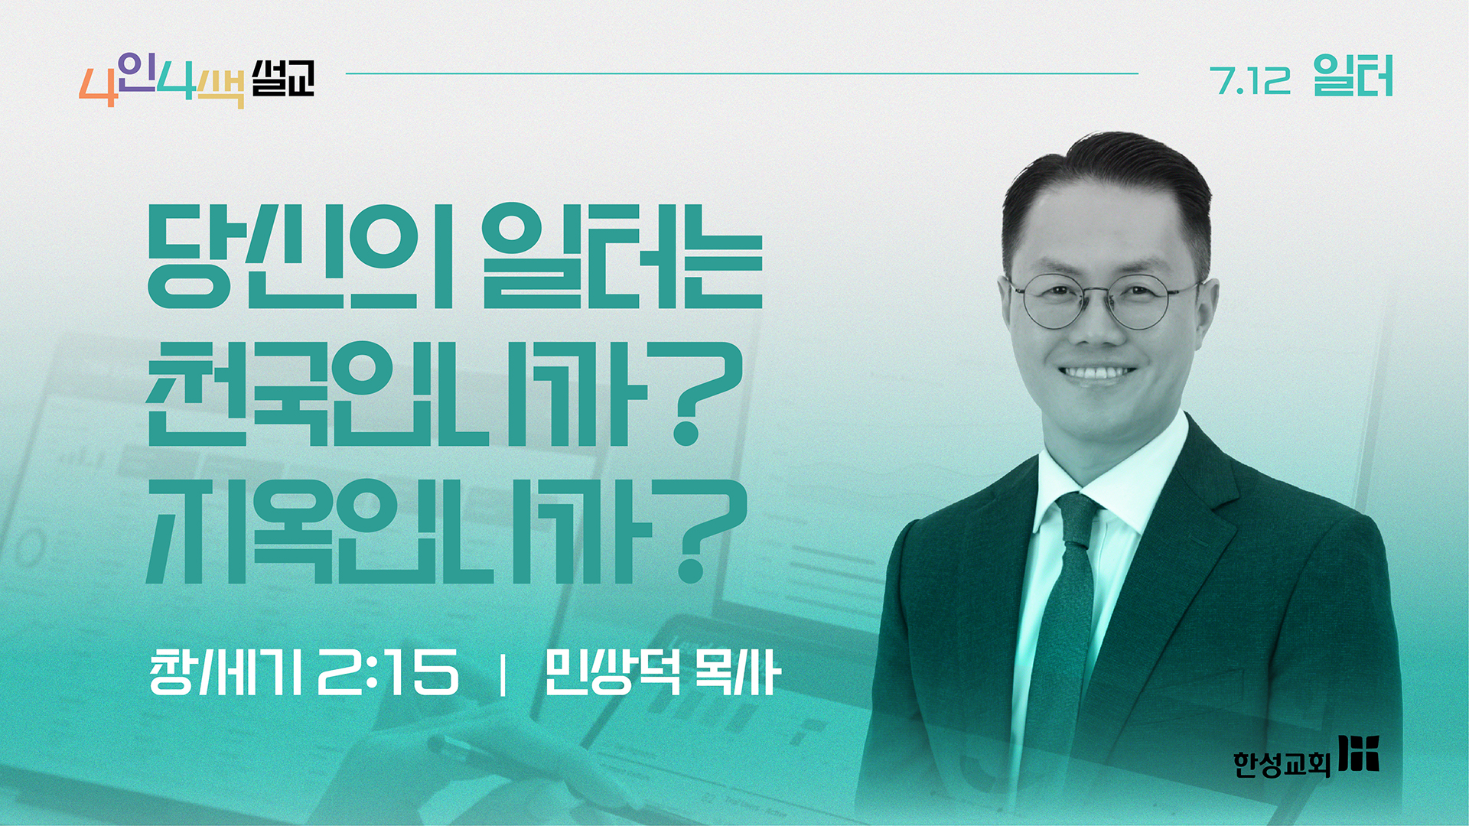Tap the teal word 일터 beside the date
click(x=1353, y=76)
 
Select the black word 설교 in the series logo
click(x=283, y=78)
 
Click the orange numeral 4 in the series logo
click(x=97, y=87)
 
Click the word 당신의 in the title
click(x=299, y=256)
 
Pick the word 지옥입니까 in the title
click(x=399, y=531)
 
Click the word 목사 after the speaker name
click(x=738, y=672)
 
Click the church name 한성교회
click(x=1282, y=763)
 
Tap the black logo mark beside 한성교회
click(x=1359, y=753)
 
